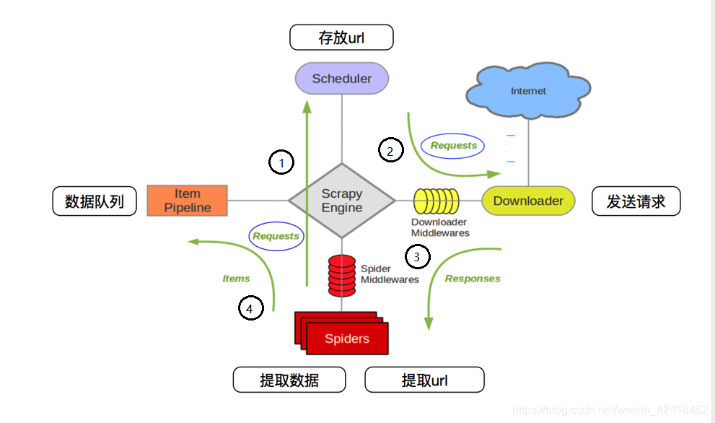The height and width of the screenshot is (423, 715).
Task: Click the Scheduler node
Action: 342,78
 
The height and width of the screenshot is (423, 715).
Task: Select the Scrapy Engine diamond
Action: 342,200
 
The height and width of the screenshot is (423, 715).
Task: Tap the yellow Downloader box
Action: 528,201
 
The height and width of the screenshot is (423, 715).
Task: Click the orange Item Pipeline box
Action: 188,201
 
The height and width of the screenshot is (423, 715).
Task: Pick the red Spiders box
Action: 346,339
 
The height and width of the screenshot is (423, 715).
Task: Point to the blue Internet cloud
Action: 528,91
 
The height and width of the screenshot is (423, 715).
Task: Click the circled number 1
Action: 281,162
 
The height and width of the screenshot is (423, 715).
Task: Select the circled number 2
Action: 390,151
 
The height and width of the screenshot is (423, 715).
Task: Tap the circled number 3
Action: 417,256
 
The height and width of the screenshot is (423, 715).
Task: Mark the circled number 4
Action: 250,308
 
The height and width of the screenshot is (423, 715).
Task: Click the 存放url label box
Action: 341,38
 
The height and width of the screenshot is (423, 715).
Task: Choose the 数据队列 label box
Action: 95,201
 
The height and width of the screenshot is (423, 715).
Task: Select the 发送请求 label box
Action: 636,201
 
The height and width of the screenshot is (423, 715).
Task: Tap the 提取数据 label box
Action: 289,380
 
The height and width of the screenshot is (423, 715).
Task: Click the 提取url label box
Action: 424,380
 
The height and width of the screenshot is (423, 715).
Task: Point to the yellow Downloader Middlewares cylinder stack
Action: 437,201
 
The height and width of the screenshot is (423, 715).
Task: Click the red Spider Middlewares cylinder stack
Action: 342,275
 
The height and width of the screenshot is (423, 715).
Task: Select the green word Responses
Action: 473,278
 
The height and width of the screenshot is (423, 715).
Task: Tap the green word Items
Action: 236,278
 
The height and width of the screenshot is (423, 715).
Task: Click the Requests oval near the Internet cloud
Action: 453,145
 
